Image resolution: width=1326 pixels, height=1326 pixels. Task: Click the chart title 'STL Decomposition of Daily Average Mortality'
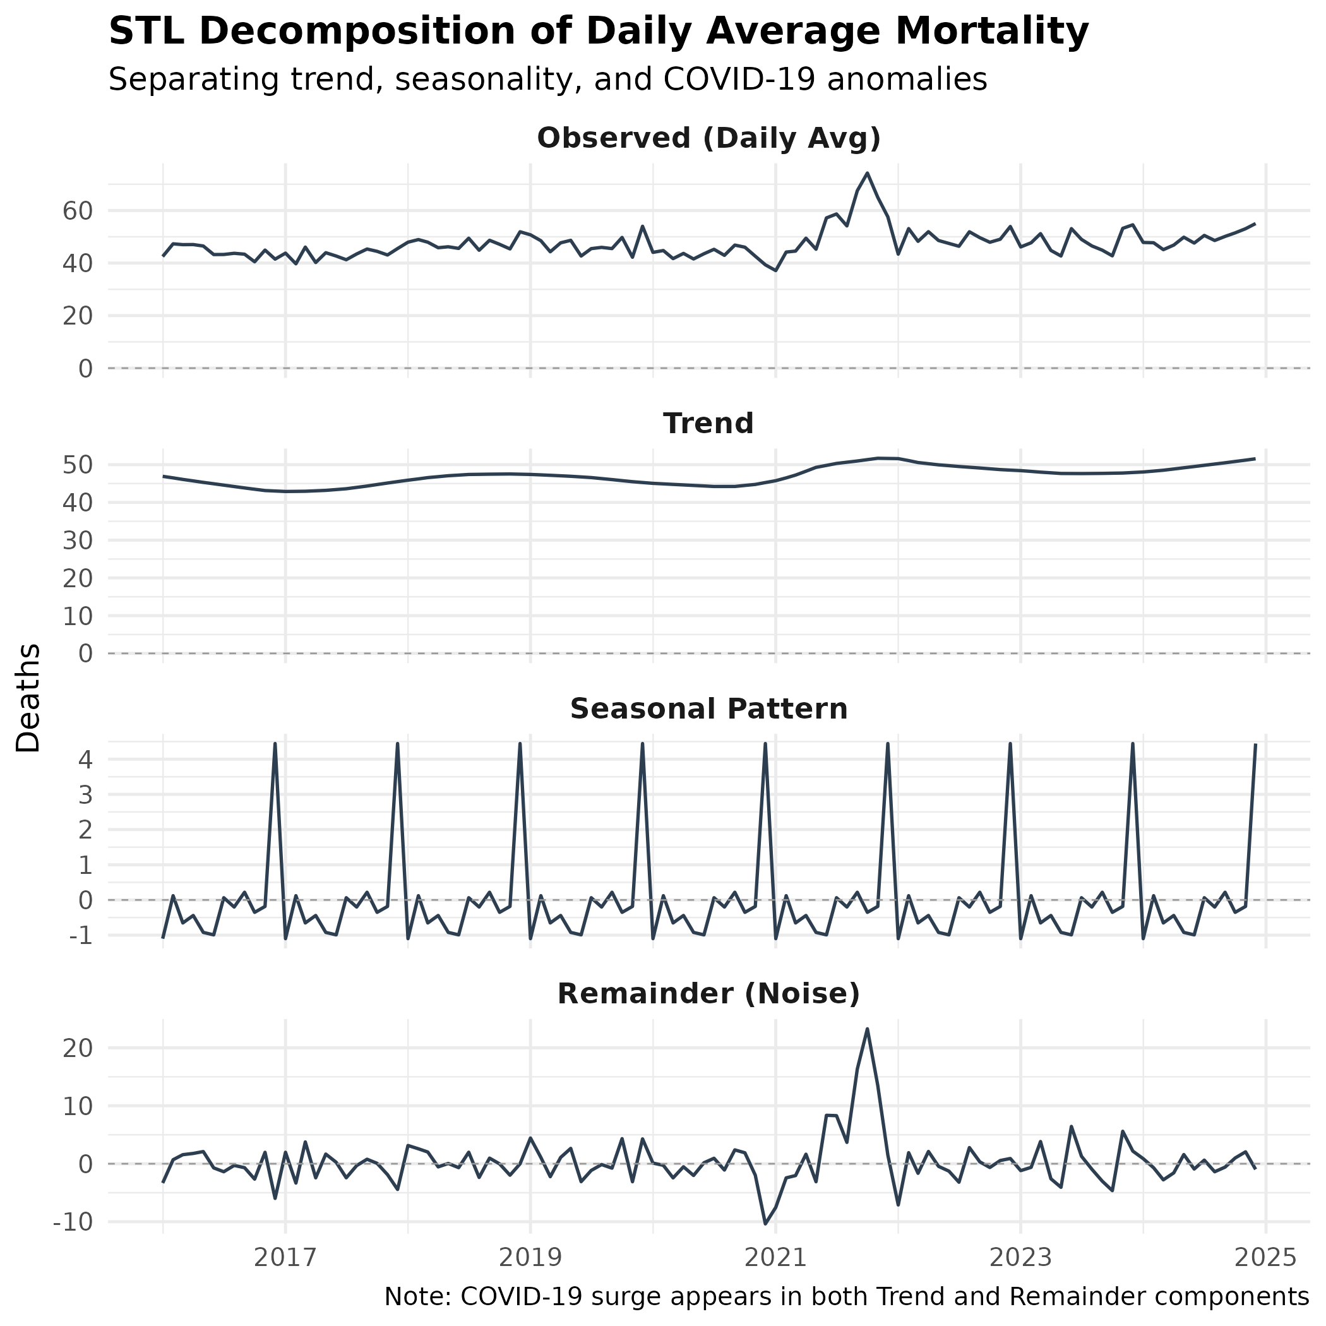tap(599, 32)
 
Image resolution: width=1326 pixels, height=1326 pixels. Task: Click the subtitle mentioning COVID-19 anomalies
tap(547, 80)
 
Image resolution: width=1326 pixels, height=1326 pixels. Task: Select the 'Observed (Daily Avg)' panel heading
tap(708, 139)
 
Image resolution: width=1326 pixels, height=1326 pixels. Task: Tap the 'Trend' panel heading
tap(708, 424)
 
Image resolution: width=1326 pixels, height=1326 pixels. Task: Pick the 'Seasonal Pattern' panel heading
tap(708, 709)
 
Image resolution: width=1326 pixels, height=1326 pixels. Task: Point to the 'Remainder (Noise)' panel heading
tap(708, 994)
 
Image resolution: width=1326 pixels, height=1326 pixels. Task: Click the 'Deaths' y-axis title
tap(29, 698)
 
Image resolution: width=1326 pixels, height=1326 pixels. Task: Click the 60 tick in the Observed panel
tap(78, 211)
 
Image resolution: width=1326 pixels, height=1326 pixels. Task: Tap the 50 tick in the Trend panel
tap(78, 465)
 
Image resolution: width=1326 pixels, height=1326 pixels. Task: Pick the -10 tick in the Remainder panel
tap(72, 1222)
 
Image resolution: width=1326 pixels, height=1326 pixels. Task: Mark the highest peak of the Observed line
tap(867, 173)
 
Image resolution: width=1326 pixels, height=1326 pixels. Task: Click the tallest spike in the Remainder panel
tap(867, 1029)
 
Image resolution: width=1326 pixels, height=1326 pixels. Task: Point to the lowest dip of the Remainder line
tap(765, 1223)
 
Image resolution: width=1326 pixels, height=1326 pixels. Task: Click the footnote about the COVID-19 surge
tap(846, 1296)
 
